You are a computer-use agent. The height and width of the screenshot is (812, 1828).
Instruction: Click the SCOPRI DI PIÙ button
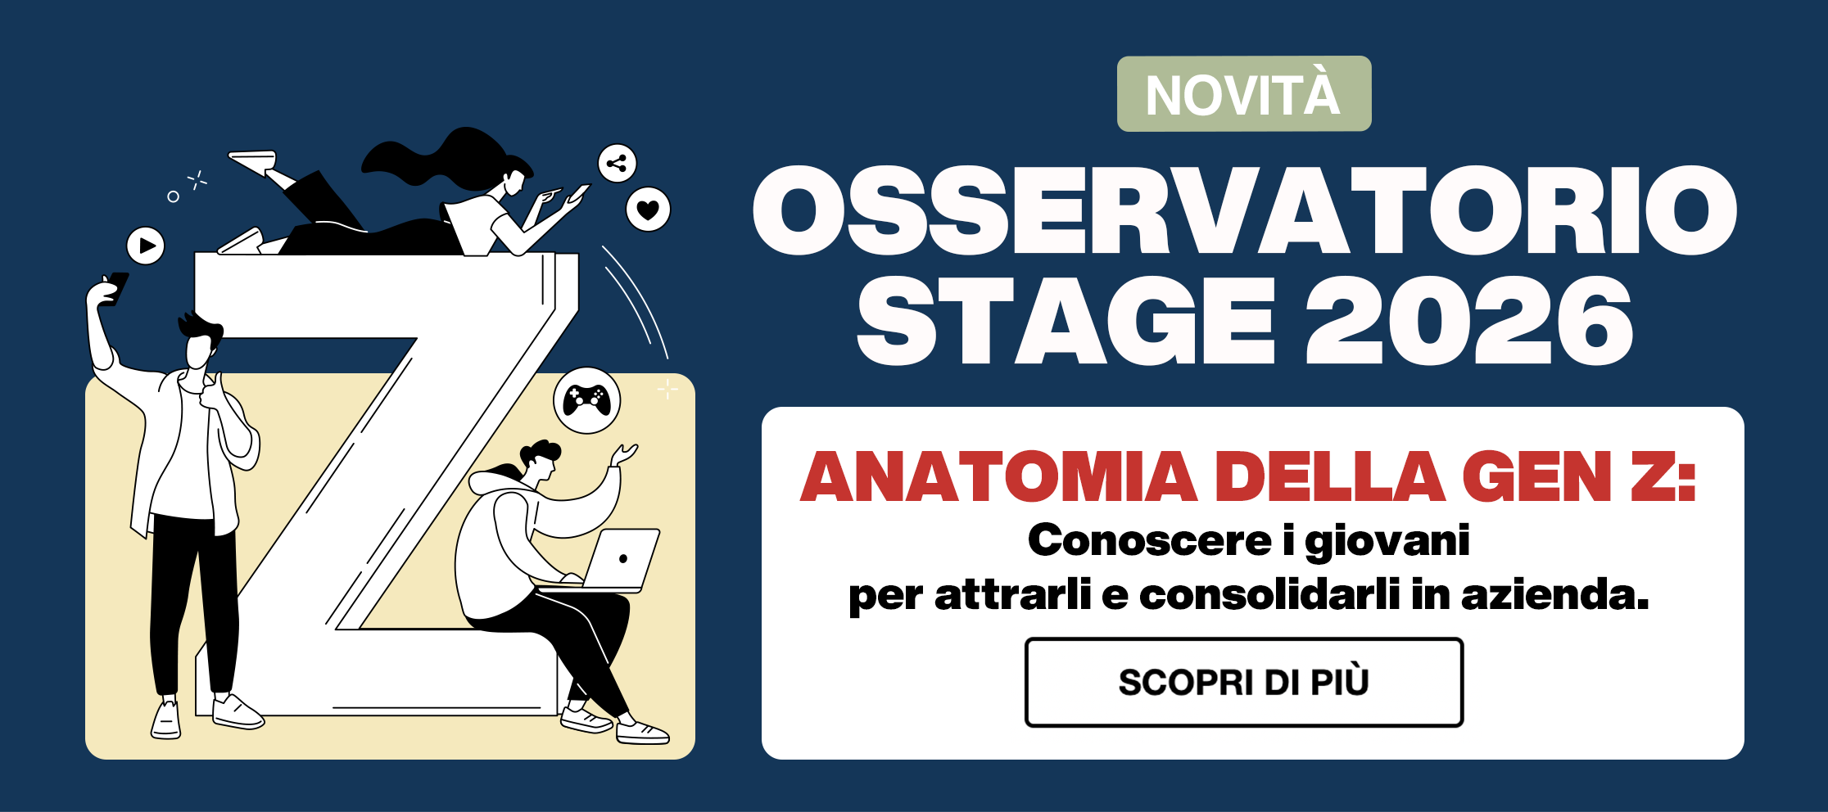click(x=1243, y=682)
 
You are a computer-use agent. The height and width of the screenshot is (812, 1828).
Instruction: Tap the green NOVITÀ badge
click(x=1244, y=93)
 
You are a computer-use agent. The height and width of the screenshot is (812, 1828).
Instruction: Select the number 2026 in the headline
click(x=1469, y=320)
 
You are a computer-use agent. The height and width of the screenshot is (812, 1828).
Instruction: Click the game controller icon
click(x=586, y=400)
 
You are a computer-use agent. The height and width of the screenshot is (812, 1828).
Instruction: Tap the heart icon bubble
click(x=648, y=210)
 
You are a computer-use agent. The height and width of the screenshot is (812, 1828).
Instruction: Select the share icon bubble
click(x=617, y=163)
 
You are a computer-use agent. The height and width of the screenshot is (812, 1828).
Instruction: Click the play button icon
click(x=146, y=246)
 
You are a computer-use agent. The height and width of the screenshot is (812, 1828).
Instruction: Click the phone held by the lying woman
click(x=578, y=193)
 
